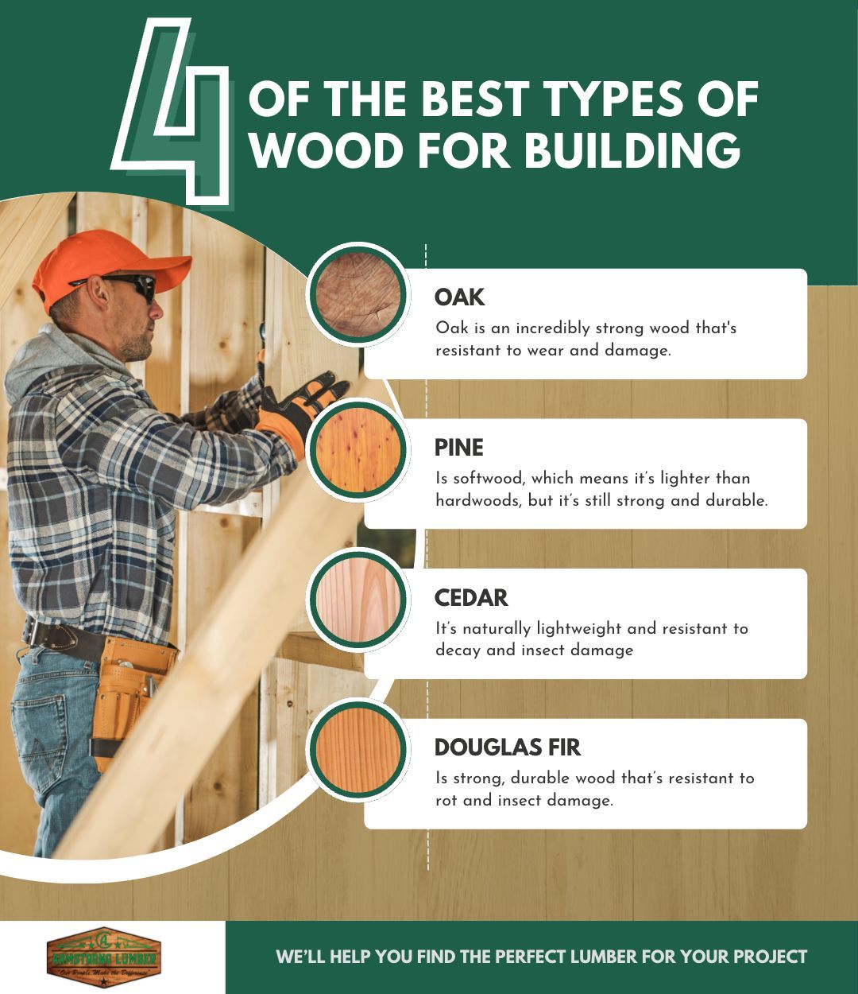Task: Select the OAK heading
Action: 459,297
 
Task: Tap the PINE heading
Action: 458,448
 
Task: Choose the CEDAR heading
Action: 471,597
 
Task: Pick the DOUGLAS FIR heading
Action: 507,747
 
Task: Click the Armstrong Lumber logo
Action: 104,957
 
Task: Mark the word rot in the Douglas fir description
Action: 446,801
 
